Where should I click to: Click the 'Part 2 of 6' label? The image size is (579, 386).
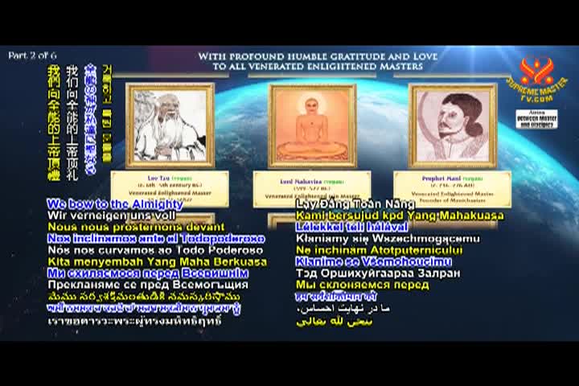pos(31,55)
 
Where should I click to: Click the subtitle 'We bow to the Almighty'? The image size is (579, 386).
pos(115,204)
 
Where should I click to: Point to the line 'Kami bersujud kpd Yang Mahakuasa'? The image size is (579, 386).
pos(400,216)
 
